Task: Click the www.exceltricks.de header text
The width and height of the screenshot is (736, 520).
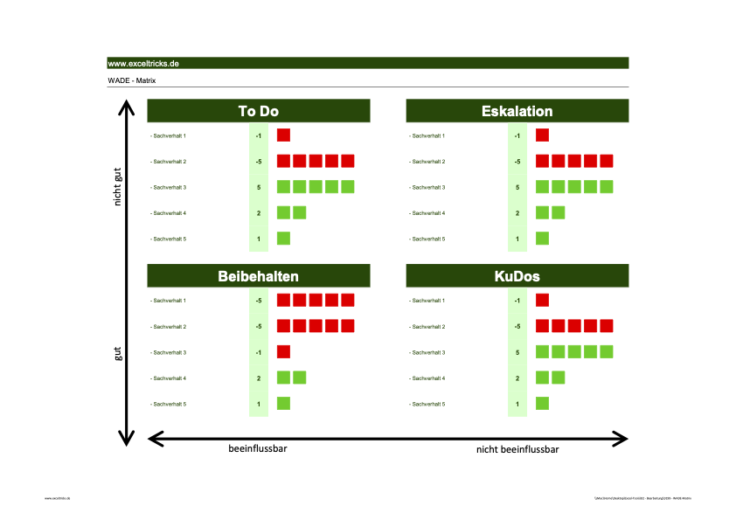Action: pyautogui.click(x=143, y=64)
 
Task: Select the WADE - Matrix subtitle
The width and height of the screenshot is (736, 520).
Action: pyautogui.click(x=132, y=80)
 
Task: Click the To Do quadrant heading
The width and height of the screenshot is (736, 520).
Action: pyautogui.click(x=259, y=111)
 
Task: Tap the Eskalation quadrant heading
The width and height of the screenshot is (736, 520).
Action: pyautogui.click(x=517, y=111)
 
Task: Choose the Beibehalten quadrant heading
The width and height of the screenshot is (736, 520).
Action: pyautogui.click(x=259, y=276)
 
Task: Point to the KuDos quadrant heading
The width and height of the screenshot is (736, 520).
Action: pyautogui.click(x=517, y=276)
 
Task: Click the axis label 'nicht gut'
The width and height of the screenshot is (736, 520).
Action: pyautogui.click(x=117, y=186)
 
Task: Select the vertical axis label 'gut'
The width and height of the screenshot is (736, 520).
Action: pyautogui.click(x=117, y=353)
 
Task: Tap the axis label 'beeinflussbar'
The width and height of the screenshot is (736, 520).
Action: pyautogui.click(x=258, y=448)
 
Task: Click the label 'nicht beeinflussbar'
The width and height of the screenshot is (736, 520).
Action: pyautogui.click(x=517, y=449)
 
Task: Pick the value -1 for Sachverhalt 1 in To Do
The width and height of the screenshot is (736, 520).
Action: pyautogui.click(x=259, y=135)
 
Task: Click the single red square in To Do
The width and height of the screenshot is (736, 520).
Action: pyautogui.click(x=283, y=135)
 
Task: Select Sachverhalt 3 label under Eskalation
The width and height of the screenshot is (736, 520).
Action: pyautogui.click(x=427, y=187)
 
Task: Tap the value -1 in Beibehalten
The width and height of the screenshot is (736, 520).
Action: pyautogui.click(x=259, y=352)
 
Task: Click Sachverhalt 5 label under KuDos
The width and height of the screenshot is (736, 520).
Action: pyautogui.click(x=427, y=404)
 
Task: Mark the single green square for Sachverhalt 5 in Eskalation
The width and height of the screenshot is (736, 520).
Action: pyautogui.click(x=542, y=239)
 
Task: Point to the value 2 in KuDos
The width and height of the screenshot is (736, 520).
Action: pyautogui.click(x=517, y=378)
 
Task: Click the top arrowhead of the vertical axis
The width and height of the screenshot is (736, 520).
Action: pyautogui.click(x=128, y=107)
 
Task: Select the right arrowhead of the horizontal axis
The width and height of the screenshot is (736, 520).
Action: pyautogui.click(x=621, y=436)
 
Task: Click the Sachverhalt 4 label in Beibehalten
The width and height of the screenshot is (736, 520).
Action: pyautogui.click(x=169, y=378)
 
